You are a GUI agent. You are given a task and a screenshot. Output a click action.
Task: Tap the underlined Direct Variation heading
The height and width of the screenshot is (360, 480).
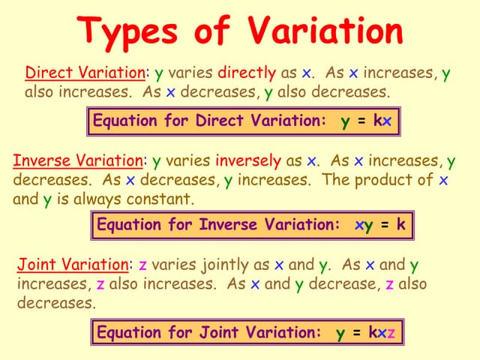[x=85, y=73]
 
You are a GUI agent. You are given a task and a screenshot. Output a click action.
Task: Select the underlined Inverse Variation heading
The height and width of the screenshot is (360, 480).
[x=78, y=160]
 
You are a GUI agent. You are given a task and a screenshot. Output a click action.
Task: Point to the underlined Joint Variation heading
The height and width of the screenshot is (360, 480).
[x=73, y=264]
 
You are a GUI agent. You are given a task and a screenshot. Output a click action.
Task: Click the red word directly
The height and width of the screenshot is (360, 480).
[x=247, y=73]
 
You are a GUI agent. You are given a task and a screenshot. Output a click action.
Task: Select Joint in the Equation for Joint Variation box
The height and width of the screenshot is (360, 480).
[x=221, y=332]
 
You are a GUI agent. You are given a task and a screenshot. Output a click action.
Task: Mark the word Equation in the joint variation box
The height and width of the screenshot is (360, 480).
[x=130, y=332]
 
